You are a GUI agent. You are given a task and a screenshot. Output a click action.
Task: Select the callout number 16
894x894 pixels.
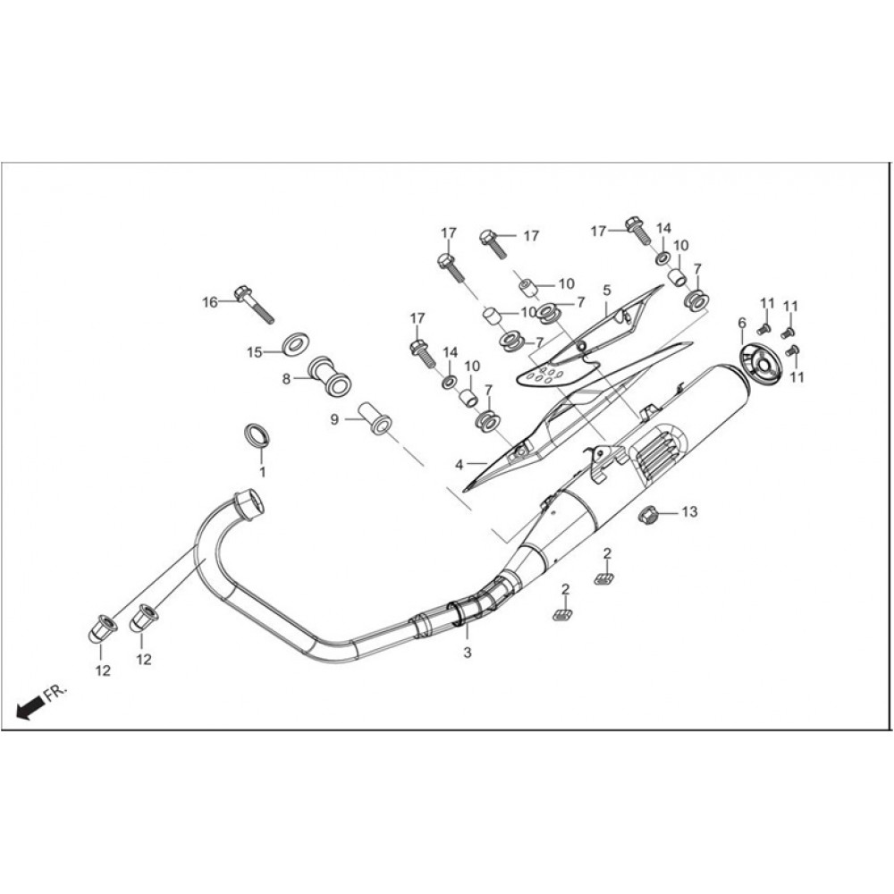[210, 302]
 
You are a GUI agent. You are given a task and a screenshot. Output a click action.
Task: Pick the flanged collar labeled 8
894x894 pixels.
[330, 375]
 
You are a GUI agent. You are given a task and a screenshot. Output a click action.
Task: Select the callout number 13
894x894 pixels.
[689, 512]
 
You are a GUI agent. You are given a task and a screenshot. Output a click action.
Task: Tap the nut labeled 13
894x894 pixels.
[650, 515]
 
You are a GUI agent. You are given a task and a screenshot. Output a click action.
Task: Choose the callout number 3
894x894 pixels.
[468, 654]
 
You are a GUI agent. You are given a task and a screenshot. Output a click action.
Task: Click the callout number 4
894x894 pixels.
[459, 465]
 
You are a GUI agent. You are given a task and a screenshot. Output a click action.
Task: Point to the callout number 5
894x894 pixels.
[607, 291]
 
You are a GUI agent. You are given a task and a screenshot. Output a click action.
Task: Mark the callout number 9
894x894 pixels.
[334, 419]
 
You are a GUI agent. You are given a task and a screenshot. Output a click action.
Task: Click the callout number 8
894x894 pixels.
[286, 378]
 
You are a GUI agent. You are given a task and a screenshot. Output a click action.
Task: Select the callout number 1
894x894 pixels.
[262, 473]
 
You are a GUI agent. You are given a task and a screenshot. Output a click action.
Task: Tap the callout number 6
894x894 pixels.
[742, 324]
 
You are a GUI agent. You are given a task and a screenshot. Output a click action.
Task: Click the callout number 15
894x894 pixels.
[254, 352]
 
